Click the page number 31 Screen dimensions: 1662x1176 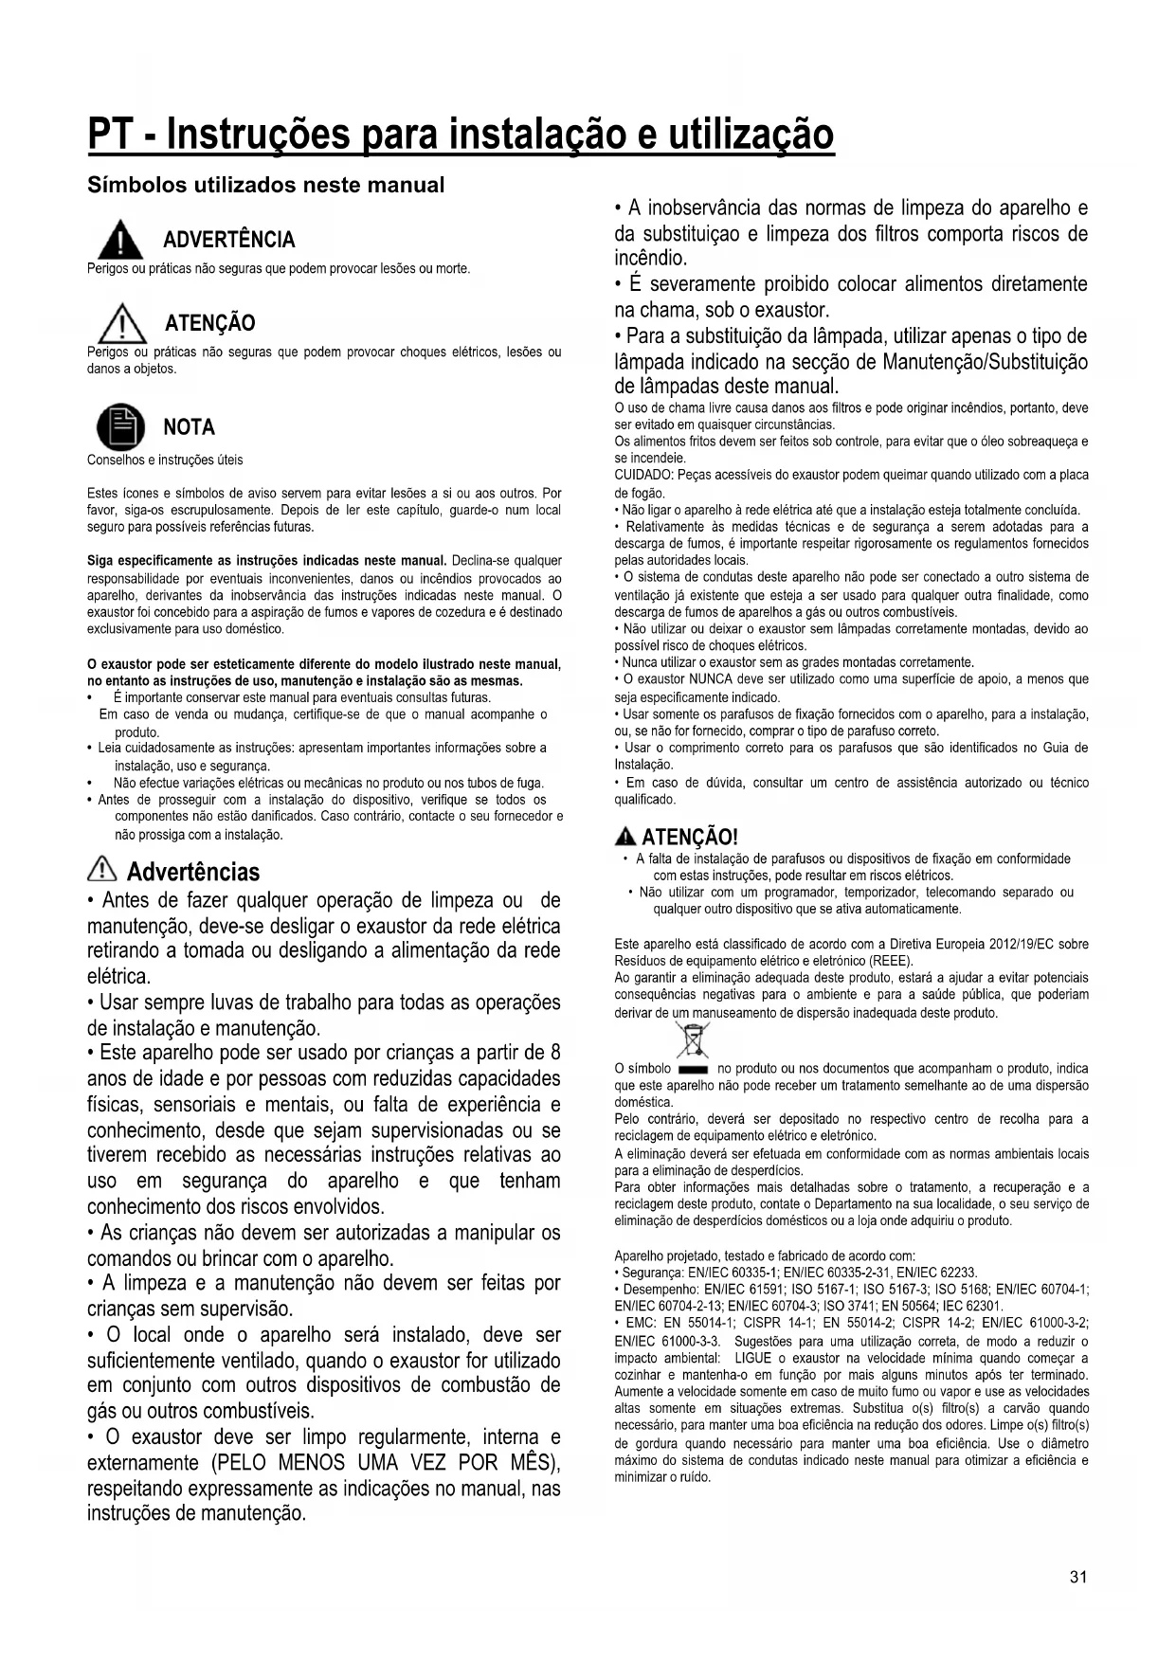coord(1078,1577)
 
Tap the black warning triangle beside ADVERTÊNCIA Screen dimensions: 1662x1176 coord(118,239)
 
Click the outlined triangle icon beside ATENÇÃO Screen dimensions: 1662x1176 coord(119,324)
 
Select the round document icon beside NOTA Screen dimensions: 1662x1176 coord(121,426)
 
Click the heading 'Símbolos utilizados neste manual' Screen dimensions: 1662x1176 coord(265,185)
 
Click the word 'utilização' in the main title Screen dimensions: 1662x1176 coord(751,135)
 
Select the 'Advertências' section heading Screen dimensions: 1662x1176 coord(192,871)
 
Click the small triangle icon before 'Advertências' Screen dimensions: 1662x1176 coord(100,870)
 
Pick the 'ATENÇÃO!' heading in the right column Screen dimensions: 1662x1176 coord(689,837)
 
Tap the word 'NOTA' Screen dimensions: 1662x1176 coord(190,427)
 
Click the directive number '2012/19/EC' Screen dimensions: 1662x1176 coord(1021,944)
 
